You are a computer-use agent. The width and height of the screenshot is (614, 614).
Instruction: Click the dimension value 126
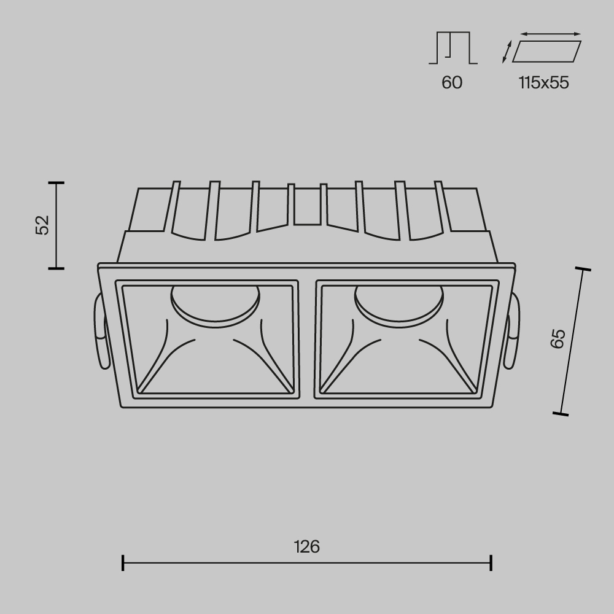point(306,546)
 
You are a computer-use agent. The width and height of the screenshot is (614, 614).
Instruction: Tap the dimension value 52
point(42,225)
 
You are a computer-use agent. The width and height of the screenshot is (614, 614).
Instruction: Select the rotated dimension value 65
point(558,338)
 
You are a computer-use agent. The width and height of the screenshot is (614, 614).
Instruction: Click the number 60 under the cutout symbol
point(452,82)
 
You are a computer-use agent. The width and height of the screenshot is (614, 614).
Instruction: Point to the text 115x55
point(543,82)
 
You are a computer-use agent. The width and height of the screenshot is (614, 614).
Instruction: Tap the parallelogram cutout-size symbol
point(546,52)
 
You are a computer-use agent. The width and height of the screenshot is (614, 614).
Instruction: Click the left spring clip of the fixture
point(100,332)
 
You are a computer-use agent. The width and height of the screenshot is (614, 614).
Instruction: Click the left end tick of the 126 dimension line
point(123,562)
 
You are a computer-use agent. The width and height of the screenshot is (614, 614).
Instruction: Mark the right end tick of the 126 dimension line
point(491,562)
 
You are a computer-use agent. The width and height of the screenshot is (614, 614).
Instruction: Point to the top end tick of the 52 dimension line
point(56,183)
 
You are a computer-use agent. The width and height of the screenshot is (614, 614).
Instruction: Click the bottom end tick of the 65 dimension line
point(560,414)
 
